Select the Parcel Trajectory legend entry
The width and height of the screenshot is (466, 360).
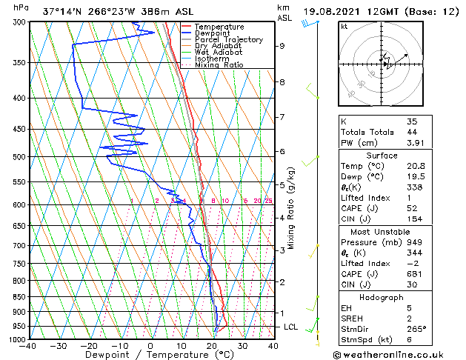(x=228, y=39)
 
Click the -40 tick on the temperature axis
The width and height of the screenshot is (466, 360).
(x=28, y=345)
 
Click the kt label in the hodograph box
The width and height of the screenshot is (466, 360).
(x=344, y=26)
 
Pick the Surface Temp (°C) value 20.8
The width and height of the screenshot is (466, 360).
(x=415, y=167)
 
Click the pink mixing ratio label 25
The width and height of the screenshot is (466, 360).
(x=268, y=201)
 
